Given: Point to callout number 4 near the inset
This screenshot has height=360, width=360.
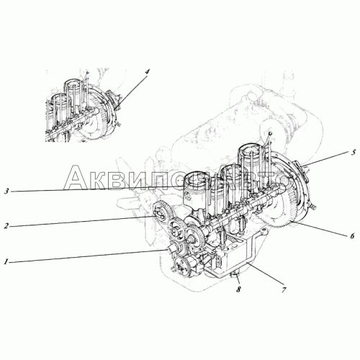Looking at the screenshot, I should [x=147, y=73].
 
